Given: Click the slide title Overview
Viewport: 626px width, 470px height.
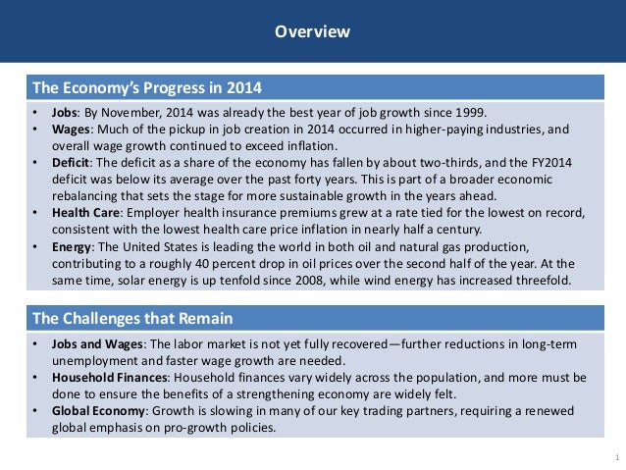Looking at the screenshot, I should pos(312,32).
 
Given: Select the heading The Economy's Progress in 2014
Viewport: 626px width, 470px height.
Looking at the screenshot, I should pos(147,85).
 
